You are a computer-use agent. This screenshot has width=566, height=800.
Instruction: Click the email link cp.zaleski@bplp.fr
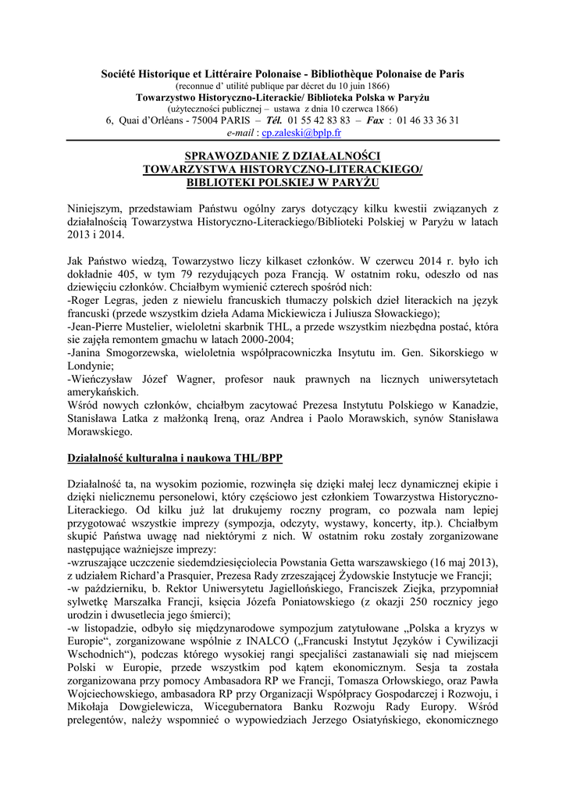point(296,134)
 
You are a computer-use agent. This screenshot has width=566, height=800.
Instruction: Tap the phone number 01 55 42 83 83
point(319,121)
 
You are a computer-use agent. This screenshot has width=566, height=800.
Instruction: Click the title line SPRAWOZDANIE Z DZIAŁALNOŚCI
point(283,157)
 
